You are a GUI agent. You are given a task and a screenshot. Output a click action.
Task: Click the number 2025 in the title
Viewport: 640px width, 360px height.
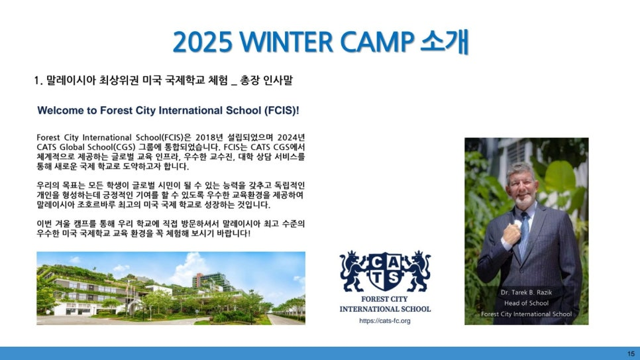tap(203, 42)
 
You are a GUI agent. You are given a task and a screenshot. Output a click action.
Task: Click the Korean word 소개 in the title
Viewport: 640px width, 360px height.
tap(445, 42)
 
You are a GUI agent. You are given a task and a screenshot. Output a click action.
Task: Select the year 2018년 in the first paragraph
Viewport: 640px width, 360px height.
tap(209, 137)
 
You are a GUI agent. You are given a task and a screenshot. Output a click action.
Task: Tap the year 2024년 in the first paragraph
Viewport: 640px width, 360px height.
tap(291, 137)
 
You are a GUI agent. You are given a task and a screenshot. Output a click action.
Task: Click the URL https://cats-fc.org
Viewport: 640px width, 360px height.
tap(385, 321)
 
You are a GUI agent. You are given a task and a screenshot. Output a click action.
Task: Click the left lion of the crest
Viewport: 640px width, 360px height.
tap(354, 271)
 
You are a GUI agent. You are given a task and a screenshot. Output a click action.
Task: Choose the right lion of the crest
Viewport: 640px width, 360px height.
tap(416, 271)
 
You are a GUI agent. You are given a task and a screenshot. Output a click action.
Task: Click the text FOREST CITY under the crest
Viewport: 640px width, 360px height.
tap(384, 299)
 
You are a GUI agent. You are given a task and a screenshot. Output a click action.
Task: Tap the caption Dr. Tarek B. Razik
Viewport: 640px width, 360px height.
tap(526, 292)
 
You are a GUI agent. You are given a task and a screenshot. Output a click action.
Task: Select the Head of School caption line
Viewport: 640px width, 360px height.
tap(526, 303)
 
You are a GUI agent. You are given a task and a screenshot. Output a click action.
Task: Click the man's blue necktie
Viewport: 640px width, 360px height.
tap(523, 234)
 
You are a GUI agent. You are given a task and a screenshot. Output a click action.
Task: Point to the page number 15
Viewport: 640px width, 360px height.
tap(631, 353)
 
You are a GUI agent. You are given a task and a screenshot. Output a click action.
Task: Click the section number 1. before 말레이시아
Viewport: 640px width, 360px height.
tap(38, 80)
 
